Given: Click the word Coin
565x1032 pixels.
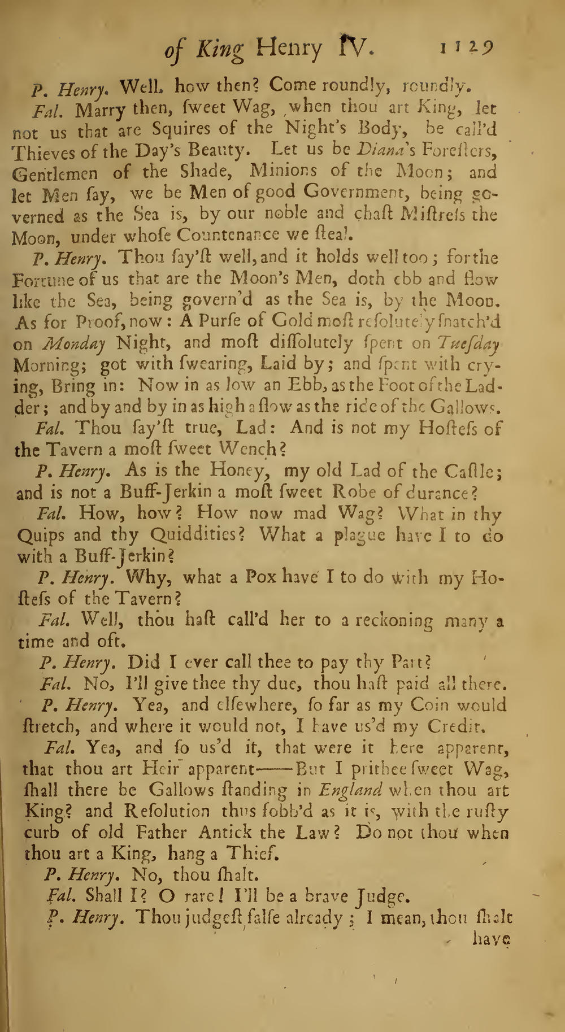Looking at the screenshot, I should [x=437, y=706].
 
